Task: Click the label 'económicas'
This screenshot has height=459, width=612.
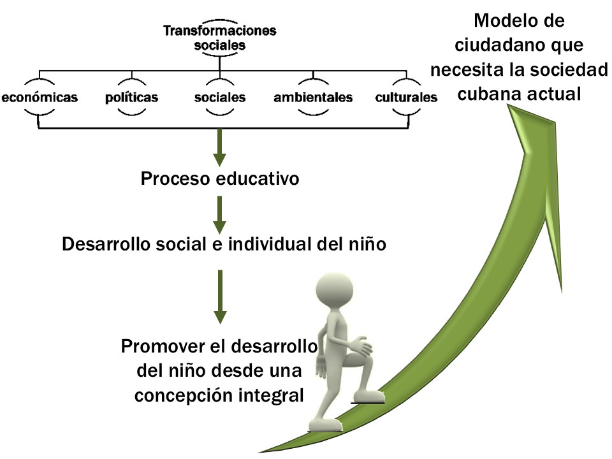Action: (40, 98)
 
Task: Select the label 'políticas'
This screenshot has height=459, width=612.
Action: (131, 98)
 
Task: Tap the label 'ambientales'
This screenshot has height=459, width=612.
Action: (313, 98)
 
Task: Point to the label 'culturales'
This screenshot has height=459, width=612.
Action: (407, 98)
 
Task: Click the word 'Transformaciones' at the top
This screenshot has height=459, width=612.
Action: (219, 31)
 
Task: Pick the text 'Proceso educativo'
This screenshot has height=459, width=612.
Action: (220, 178)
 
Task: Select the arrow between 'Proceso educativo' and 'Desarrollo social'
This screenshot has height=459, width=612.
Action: (219, 214)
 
